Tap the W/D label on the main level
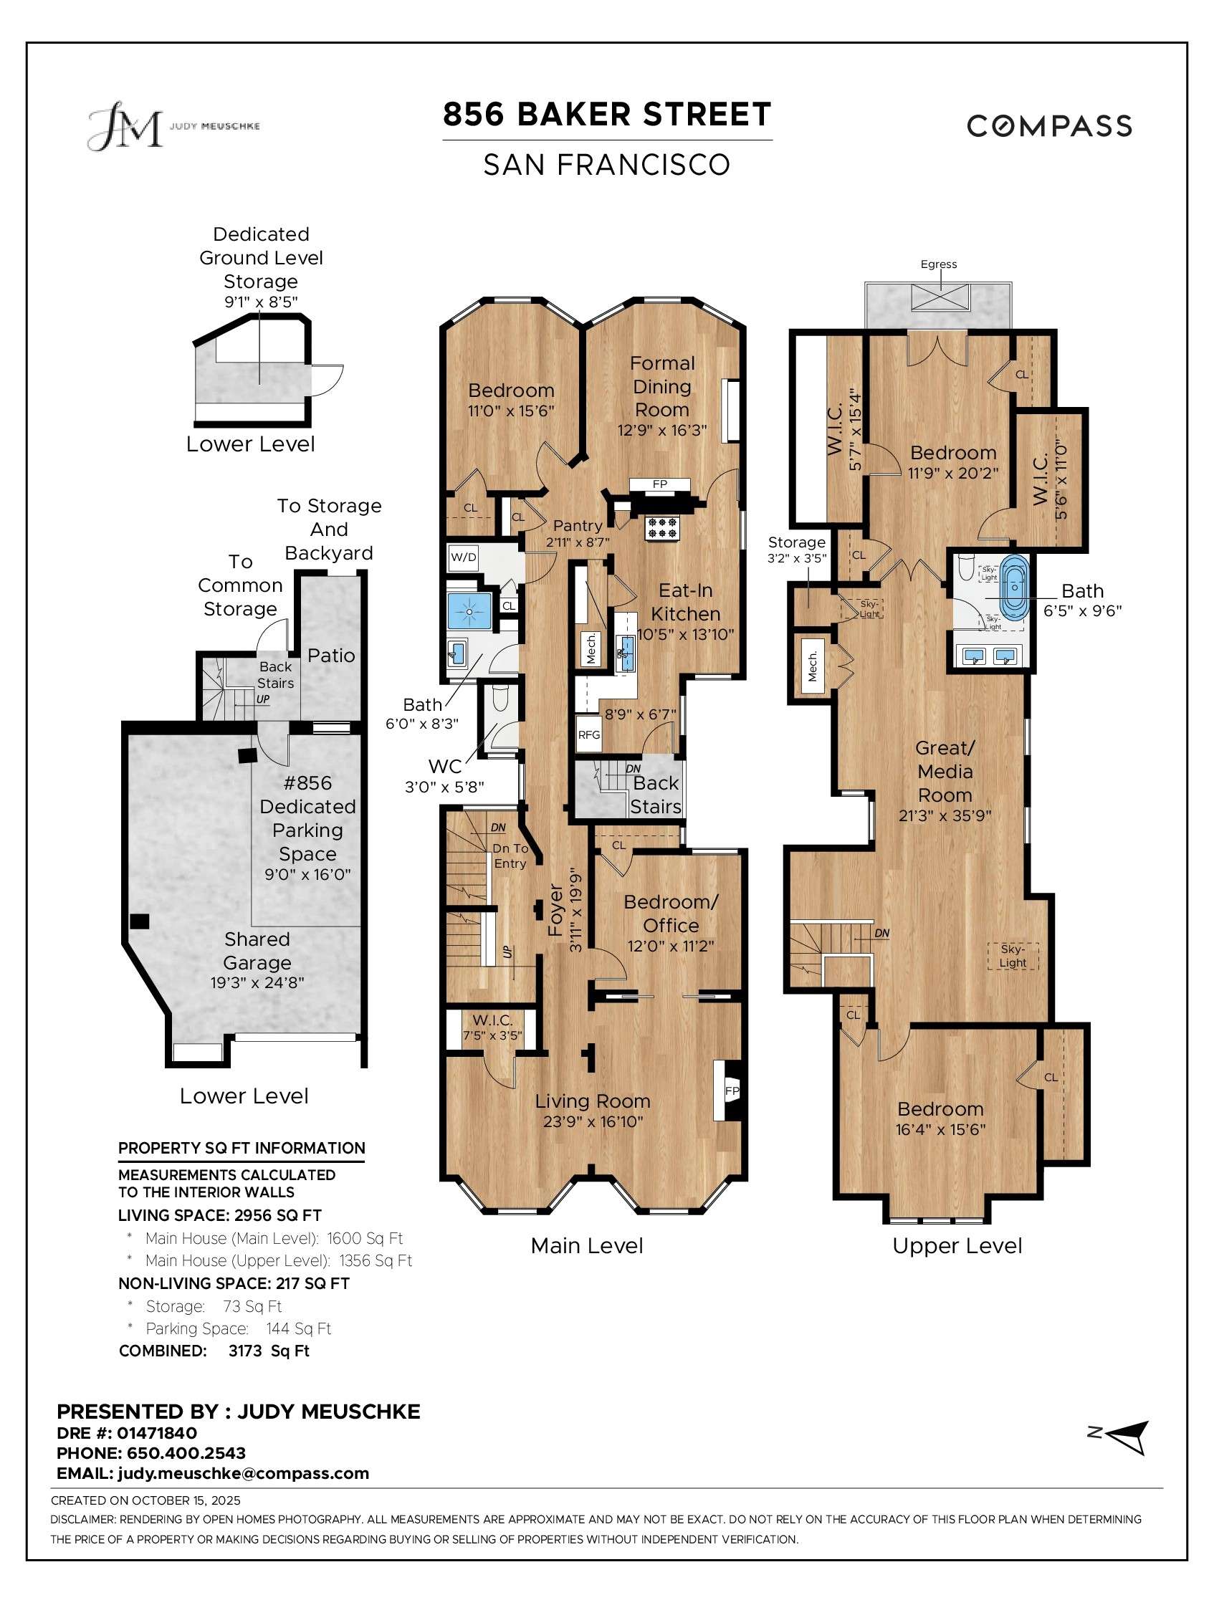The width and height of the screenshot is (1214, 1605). pos(464,557)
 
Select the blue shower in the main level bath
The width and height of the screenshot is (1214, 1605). pos(469,611)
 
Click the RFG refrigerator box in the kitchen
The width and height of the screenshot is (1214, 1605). pos(588,734)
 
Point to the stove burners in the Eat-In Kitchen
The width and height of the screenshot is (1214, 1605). pos(663,527)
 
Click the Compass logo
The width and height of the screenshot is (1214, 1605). pos(1048,126)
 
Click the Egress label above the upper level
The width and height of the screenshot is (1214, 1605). pos(938,264)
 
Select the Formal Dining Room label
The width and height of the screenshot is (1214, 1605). pos(661,386)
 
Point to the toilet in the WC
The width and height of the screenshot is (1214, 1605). pos(500,700)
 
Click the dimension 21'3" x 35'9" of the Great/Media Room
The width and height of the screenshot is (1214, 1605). pos(945,815)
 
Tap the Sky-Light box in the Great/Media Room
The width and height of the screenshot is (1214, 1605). pos(1013,956)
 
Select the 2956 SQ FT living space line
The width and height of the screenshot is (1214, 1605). pos(220,1215)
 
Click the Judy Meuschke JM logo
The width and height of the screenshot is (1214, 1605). pos(125,126)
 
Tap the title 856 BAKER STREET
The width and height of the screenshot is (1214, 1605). pos(606,115)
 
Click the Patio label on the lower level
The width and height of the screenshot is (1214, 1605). pos(331,655)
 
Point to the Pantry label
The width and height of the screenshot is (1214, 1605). pos(578,525)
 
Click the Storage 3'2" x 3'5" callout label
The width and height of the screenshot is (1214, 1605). pos(796,550)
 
